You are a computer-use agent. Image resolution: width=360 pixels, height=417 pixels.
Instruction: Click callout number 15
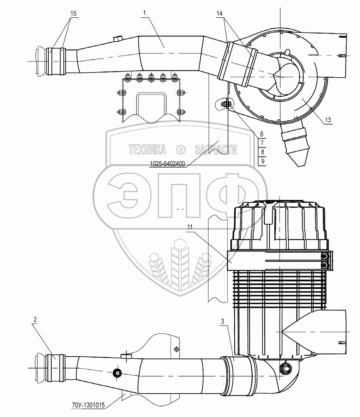(73, 13)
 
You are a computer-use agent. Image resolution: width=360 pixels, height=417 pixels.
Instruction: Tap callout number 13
(328, 120)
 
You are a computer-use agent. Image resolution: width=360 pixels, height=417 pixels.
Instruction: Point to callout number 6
(262, 134)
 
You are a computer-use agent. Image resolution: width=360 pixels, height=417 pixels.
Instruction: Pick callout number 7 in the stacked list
(262, 143)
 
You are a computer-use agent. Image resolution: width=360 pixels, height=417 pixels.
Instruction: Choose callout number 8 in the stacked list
(262, 152)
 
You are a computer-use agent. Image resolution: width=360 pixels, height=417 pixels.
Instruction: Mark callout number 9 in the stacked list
(262, 161)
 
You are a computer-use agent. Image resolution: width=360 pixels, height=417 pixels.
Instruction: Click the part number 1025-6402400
(167, 164)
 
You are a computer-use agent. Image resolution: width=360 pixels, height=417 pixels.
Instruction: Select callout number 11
(190, 228)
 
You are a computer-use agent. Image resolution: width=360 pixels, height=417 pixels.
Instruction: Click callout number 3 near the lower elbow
(222, 321)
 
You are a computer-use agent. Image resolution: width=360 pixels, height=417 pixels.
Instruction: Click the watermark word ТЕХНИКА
(147, 150)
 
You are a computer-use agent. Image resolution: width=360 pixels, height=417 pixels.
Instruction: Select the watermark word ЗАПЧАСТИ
(216, 150)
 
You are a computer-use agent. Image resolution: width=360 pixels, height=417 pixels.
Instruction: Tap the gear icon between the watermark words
(180, 150)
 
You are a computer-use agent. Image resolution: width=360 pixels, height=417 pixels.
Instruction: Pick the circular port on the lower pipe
(116, 373)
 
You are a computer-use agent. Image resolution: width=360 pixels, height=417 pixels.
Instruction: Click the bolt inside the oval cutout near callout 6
(225, 104)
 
